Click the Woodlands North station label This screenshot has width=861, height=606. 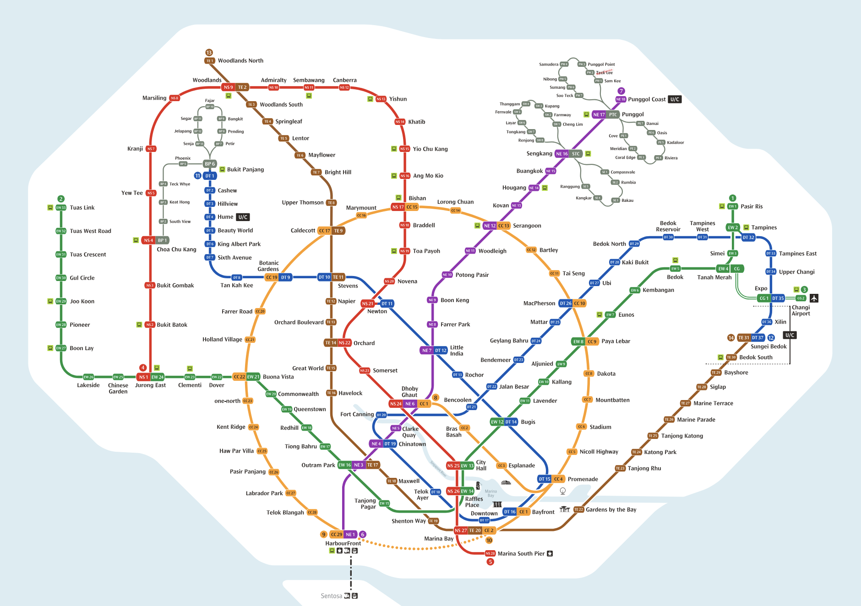pos(240,60)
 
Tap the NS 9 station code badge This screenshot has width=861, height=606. pos(229,87)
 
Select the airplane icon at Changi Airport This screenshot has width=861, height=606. pos(814,298)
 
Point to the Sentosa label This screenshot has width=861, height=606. pos(331,596)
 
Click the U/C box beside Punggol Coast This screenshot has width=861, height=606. pos(675,99)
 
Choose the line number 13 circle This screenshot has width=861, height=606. pos(209,53)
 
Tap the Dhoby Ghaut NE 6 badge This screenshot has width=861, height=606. pos(410,404)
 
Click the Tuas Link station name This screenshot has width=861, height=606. pos(82,207)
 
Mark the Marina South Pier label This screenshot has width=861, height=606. pos(521,553)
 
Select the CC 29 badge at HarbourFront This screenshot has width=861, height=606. pos(337,534)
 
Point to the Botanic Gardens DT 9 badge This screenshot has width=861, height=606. pos(285,277)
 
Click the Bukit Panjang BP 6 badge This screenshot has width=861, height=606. pos(210,164)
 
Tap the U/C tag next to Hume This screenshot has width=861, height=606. pos(243,217)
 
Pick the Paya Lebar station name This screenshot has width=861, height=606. pos(616,341)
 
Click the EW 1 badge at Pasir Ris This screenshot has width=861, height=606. pos(733,206)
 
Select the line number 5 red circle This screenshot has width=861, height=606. pos(490,562)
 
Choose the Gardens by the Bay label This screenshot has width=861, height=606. pos(611,509)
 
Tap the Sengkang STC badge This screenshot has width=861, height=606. pos(576,154)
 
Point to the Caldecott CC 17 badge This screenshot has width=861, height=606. pos(324,231)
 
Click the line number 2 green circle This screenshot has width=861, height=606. pos(61,199)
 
